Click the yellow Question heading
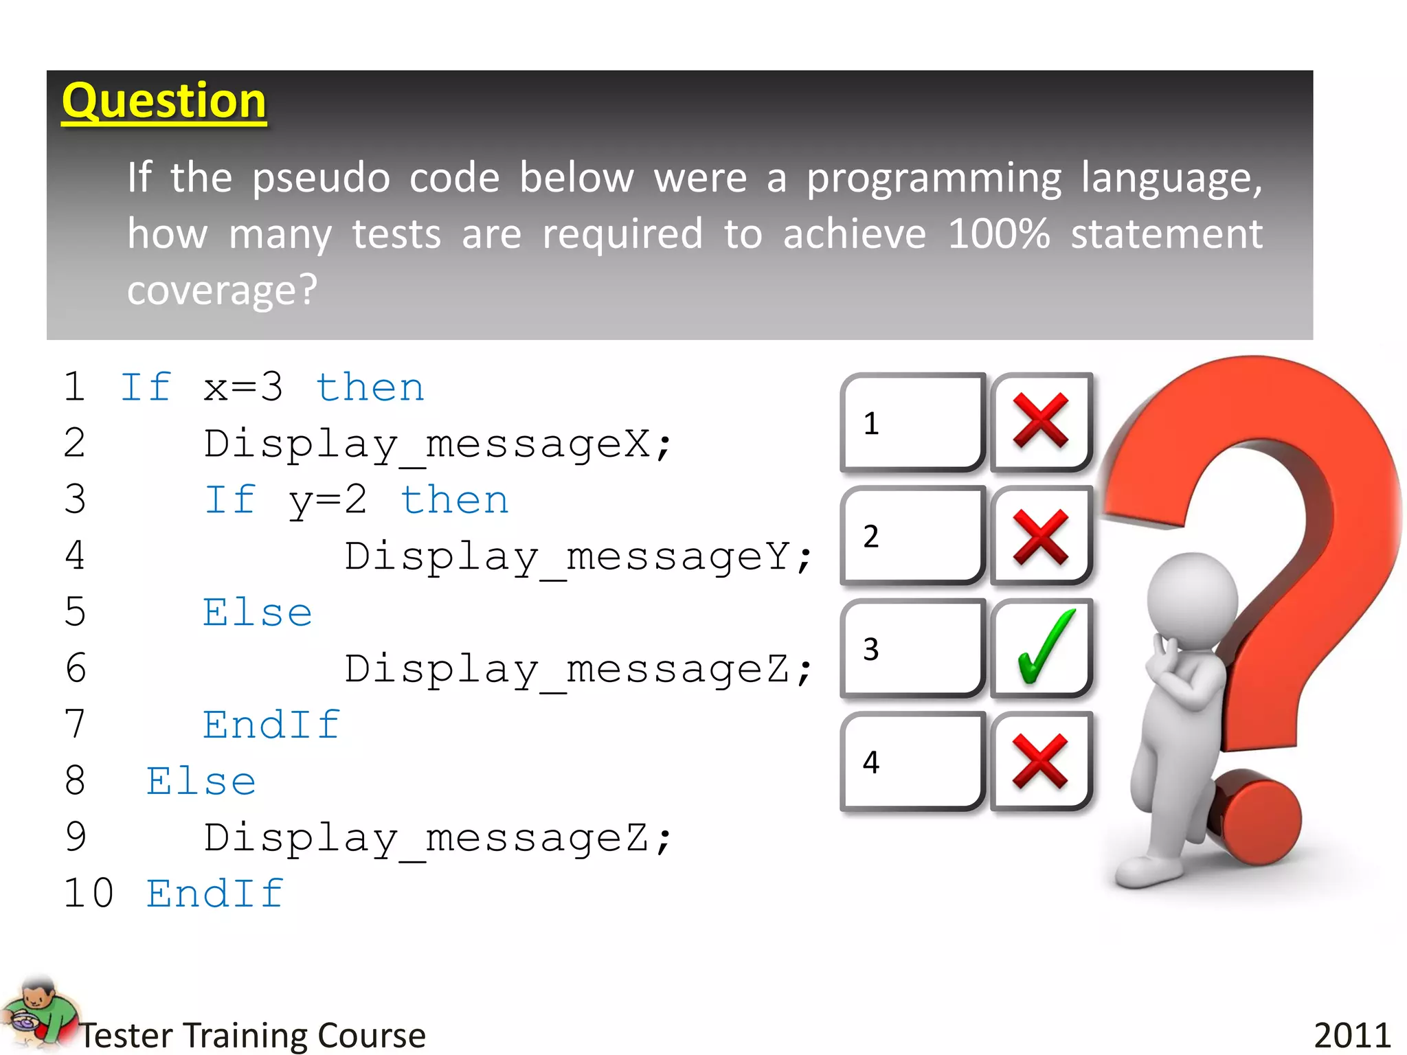point(164,101)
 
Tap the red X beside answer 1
point(1041,421)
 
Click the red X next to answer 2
point(1041,536)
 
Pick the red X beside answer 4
point(1041,761)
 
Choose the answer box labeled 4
point(912,761)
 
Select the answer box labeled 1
point(912,422)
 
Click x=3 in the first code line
point(243,388)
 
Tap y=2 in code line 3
point(328,501)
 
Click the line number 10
point(89,894)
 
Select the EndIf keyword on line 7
point(271,725)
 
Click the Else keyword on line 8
point(201,782)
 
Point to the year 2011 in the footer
point(1352,1034)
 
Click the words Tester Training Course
point(253,1035)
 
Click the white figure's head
point(1192,600)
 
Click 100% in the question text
point(999,234)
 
